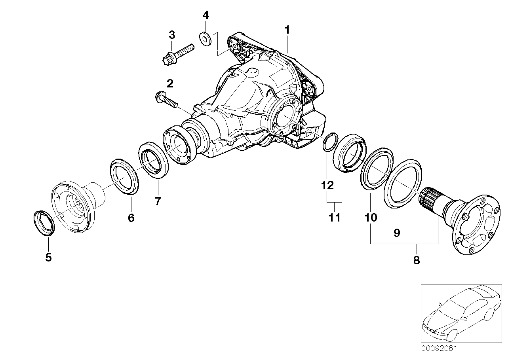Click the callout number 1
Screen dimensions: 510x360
(x=287, y=30)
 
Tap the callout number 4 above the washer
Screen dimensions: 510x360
(x=206, y=15)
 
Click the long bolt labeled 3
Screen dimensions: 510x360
(x=179, y=54)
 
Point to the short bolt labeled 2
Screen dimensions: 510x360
(x=166, y=100)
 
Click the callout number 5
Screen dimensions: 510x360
(x=48, y=257)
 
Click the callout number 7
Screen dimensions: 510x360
(x=158, y=201)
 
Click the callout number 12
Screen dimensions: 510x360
(x=327, y=186)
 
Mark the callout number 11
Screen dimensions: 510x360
(x=334, y=218)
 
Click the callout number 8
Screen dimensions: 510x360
(x=417, y=260)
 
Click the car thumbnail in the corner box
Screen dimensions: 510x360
(x=461, y=317)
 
